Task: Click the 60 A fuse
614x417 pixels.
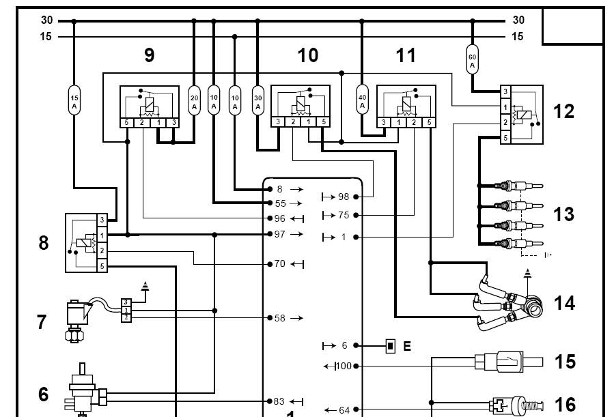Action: pyautogui.click(x=472, y=59)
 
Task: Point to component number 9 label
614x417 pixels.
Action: pyautogui.click(x=150, y=56)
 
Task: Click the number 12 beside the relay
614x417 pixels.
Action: pyautogui.click(x=563, y=111)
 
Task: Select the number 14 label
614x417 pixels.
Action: pyautogui.click(x=564, y=302)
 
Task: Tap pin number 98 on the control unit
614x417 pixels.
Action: pyautogui.click(x=343, y=197)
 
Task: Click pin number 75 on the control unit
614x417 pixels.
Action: pyautogui.click(x=343, y=215)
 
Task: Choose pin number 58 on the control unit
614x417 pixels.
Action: pyautogui.click(x=279, y=318)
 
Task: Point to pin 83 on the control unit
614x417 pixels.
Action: pyautogui.click(x=279, y=402)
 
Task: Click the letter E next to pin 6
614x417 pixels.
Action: pyautogui.click(x=407, y=346)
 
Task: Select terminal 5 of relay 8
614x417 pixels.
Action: pyautogui.click(x=102, y=266)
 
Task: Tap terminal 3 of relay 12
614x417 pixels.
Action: pyautogui.click(x=505, y=91)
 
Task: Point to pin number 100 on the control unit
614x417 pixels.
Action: pyautogui.click(x=344, y=366)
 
